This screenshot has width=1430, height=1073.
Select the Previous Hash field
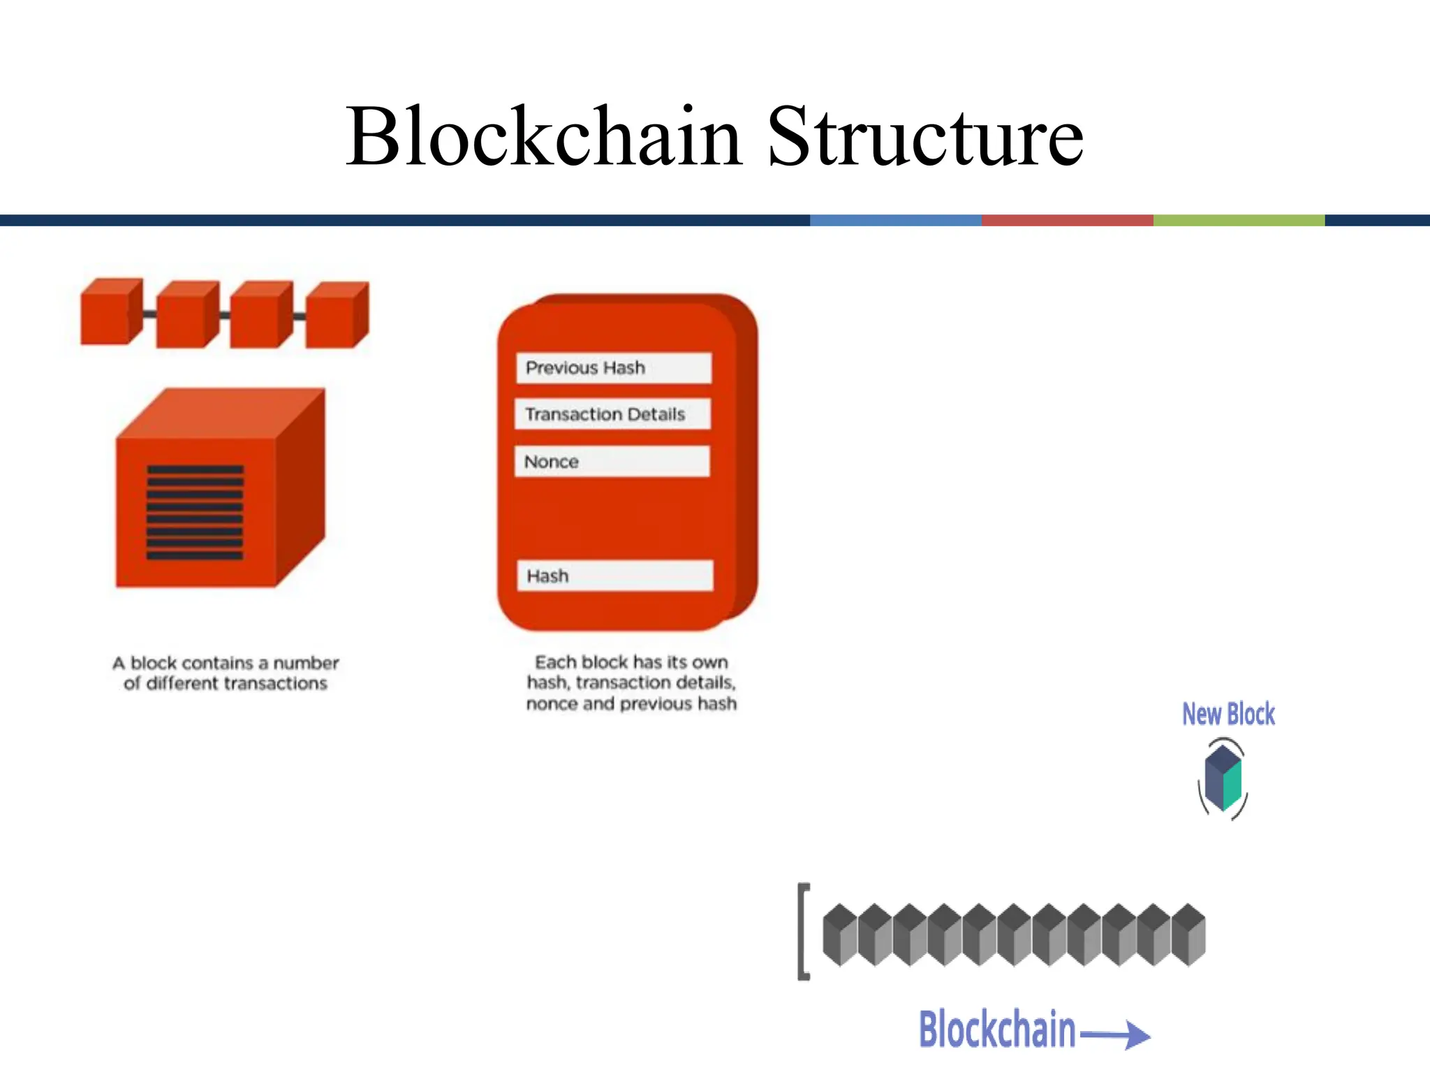613,367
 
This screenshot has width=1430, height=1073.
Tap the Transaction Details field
612,414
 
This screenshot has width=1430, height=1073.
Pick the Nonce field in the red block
612,462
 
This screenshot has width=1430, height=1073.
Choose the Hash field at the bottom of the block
614,576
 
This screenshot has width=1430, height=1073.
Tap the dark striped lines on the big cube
195,512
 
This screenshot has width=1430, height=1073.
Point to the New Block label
1228,714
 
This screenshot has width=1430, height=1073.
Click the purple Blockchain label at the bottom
996,1030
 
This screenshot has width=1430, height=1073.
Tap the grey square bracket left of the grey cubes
804,932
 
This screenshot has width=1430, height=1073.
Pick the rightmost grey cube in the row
1188,935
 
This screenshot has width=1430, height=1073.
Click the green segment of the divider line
1238,220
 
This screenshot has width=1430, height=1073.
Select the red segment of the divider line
1067,220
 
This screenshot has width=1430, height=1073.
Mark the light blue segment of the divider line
895,220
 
